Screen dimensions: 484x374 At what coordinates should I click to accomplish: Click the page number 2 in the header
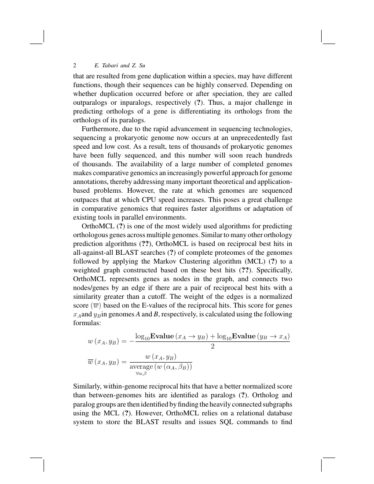point(75,66)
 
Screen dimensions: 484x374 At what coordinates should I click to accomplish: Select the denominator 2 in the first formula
point(212,347)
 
